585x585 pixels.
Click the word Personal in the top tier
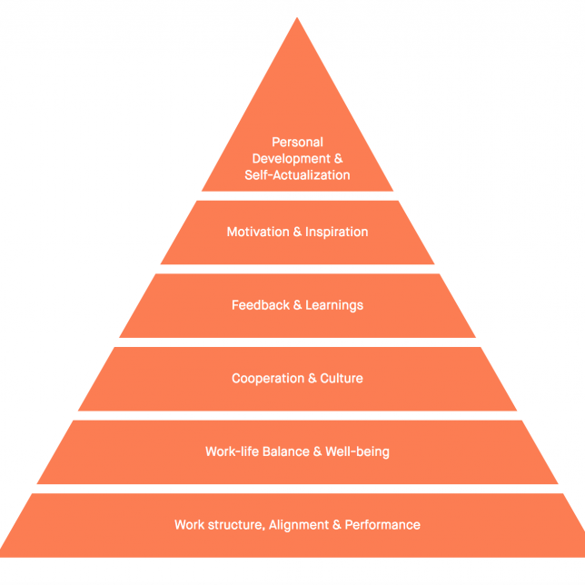pos(297,142)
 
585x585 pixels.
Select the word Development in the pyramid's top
pos(292,159)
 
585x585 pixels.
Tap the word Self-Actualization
pos(297,175)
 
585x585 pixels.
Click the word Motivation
pos(258,232)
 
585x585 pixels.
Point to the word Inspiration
pos(336,232)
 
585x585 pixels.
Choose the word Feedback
pos(261,305)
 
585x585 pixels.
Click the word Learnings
pos(334,305)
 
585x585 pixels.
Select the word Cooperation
pos(268,378)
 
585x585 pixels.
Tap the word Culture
pos(342,378)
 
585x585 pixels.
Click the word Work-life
pos(232,451)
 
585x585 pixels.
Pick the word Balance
pos(286,451)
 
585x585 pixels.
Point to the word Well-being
pos(357,451)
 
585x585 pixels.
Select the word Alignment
pos(299,525)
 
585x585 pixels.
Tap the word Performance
pos(382,525)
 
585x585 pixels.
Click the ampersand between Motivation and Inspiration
pos(297,232)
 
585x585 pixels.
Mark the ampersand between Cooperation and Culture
pos(312,378)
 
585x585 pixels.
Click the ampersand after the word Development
pos(339,159)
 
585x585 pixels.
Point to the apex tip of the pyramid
pos(297,17)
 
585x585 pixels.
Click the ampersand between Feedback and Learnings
pos(297,305)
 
